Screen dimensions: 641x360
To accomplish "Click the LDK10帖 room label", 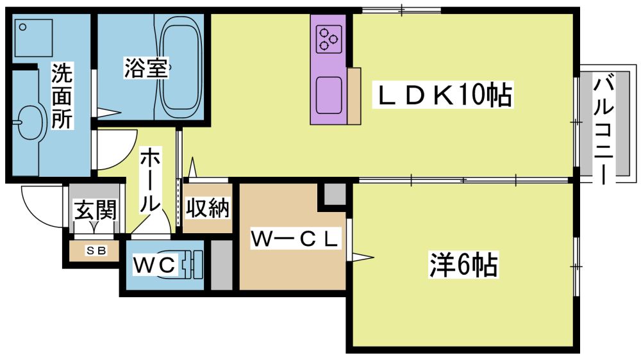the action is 443,95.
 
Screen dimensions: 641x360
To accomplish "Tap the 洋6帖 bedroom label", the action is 463,265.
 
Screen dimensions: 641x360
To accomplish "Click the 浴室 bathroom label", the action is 146,68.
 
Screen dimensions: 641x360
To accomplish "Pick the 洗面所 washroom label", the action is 62,97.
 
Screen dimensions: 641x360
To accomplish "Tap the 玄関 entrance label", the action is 96,210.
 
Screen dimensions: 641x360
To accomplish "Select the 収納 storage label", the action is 207,208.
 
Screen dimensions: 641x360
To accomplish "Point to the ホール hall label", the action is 150,180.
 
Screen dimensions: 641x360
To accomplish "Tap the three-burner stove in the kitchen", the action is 329,39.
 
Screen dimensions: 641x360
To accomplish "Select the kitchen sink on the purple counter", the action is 329,95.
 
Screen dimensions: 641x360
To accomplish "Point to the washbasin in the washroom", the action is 29,122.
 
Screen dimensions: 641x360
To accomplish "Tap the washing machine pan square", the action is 33,38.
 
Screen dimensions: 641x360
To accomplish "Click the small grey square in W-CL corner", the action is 335,195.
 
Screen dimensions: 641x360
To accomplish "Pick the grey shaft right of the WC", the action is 221,265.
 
